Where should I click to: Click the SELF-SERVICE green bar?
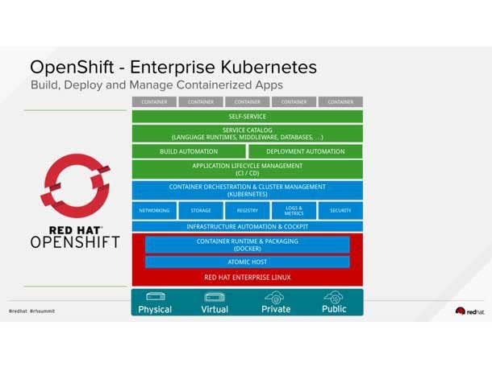[x=247, y=117]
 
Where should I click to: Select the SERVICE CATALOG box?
[x=247, y=133]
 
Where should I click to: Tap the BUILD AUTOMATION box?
[x=189, y=151]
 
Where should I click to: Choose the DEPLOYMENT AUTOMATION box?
[x=305, y=151]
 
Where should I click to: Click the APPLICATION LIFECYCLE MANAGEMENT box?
[x=247, y=169]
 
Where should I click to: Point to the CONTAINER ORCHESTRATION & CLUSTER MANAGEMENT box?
[x=247, y=190]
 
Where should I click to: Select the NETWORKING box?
[x=154, y=210]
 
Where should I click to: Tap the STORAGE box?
[x=201, y=210]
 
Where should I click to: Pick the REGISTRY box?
[x=247, y=210]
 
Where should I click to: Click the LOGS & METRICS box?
[x=294, y=210]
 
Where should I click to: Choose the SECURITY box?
[x=340, y=210]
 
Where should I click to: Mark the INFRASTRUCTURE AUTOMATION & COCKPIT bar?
[x=247, y=227]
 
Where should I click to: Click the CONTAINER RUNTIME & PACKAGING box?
[x=247, y=245]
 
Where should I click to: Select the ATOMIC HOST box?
[x=247, y=262]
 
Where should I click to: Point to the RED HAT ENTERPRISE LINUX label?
[x=247, y=277]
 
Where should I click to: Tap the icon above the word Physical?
[x=155, y=297]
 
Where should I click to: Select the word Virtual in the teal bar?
[x=215, y=309]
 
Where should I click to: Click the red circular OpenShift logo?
[x=75, y=183]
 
